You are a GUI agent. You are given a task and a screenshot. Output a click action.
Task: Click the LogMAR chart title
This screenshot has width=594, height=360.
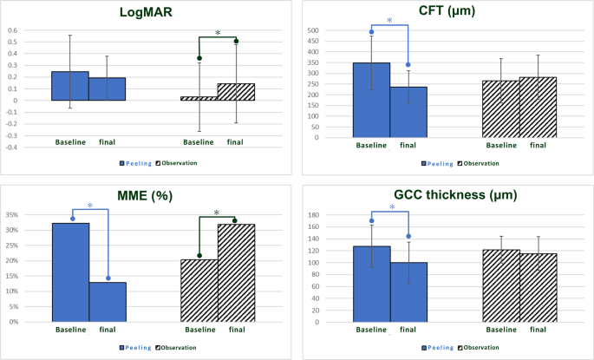pyautogui.click(x=146, y=12)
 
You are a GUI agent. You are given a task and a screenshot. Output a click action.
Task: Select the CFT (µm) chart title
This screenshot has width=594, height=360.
pyautogui.click(x=447, y=10)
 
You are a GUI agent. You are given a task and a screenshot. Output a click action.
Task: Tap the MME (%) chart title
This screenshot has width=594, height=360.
pyautogui.click(x=145, y=196)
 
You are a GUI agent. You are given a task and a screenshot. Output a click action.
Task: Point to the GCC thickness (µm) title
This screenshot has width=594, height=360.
pyautogui.click(x=455, y=195)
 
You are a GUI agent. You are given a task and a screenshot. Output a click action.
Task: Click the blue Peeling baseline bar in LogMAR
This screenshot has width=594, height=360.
pyautogui.click(x=70, y=86)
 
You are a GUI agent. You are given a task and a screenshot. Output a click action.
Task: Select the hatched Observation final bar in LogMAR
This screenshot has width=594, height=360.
pyautogui.click(x=236, y=92)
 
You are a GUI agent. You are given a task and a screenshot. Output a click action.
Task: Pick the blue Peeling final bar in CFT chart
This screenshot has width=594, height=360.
pyautogui.click(x=408, y=112)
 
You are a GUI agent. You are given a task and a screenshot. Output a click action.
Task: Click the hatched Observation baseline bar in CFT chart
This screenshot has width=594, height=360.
pyautogui.click(x=501, y=109)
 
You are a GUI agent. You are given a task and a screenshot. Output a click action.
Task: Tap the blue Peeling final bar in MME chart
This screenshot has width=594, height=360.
pyautogui.click(x=108, y=302)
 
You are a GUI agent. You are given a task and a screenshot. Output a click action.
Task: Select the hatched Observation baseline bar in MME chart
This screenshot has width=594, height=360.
pyautogui.click(x=199, y=291)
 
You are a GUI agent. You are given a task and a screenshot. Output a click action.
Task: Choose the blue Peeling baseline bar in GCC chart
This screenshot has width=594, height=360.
pyautogui.click(x=372, y=285)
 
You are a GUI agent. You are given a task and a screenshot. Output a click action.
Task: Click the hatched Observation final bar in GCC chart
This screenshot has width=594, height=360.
pyautogui.click(x=539, y=288)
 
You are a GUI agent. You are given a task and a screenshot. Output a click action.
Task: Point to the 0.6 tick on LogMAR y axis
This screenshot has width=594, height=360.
pyautogui.click(x=13, y=30)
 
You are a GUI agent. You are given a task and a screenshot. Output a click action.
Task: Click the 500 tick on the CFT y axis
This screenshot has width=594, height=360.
pyautogui.click(x=313, y=30)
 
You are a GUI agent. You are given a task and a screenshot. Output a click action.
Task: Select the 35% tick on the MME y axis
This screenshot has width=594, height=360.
pyautogui.click(x=12, y=215)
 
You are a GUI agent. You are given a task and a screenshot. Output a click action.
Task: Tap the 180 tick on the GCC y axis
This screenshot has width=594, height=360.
pyautogui.click(x=314, y=215)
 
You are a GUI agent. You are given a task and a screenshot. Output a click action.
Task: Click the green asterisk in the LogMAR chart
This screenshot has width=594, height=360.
pyautogui.click(x=218, y=33)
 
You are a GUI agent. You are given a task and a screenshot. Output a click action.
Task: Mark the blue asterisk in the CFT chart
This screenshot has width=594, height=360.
pyautogui.click(x=389, y=21)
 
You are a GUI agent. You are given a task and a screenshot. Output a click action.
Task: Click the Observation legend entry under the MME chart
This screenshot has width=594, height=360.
pyautogui.click(x=176, y=348)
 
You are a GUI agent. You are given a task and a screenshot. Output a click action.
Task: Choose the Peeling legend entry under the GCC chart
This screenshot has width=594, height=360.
pyautogui.click(x=438, y=348)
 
